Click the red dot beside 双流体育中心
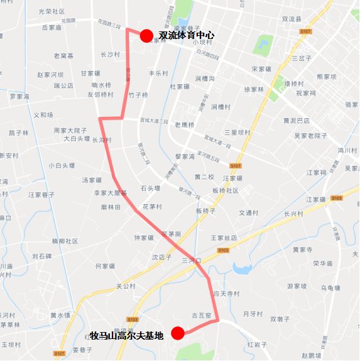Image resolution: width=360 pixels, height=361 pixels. (x=146, y=36)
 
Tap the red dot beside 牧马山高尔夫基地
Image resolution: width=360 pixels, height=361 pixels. (x=178, y=333)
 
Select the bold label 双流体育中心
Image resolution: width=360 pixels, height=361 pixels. (x=187, y=36)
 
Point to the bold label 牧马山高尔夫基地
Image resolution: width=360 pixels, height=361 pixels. (x=126, y=335)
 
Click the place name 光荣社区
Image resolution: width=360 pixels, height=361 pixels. (x=52, y=11)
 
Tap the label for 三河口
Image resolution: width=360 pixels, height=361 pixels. (x=190, y=260)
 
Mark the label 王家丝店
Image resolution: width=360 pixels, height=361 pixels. (x=224, y=238)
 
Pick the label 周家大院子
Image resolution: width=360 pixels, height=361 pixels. (x=70, y=130)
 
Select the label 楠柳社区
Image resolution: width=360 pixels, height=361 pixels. (x=65, y=241)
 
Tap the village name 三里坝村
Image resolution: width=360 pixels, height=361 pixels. (x=238, y=133)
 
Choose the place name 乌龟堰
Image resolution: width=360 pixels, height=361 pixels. (x=330, y=287)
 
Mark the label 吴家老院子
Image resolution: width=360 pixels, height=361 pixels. (x=311, y=135)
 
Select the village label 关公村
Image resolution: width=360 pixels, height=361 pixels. (x=126, y=286)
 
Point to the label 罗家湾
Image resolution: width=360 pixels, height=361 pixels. (x=19, y=97)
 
